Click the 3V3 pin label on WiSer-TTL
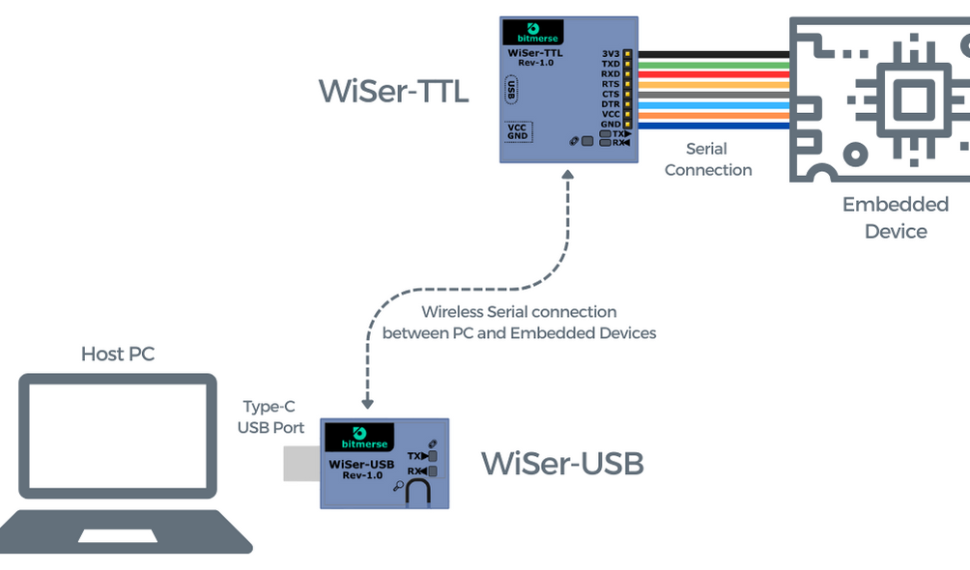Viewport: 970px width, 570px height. pyautogui.click(x=611, y=53)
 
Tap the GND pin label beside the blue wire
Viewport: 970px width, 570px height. pyautogui.click(x=611, y=125)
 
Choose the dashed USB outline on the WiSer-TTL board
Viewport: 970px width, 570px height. pyautogui.click(x=511, y=92)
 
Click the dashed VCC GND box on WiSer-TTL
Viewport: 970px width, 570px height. pyautogui.click(x=518, y=131)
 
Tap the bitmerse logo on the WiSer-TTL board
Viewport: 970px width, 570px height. pyautogui.click(x=534, y=32)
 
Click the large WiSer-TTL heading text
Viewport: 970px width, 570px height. pyautogui.click(x=393, y=92)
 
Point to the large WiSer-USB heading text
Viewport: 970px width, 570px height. pyautogui.click(x=562, y=464)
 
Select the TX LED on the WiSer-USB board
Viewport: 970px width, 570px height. pyautogui.click(x=432, y=455)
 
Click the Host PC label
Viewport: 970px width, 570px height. pyautogui.click(x=117, y=355)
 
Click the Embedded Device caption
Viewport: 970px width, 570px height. pyautogui.click(x=896, y=217)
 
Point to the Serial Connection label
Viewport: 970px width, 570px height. pyautogui.click(x=707, y=159)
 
